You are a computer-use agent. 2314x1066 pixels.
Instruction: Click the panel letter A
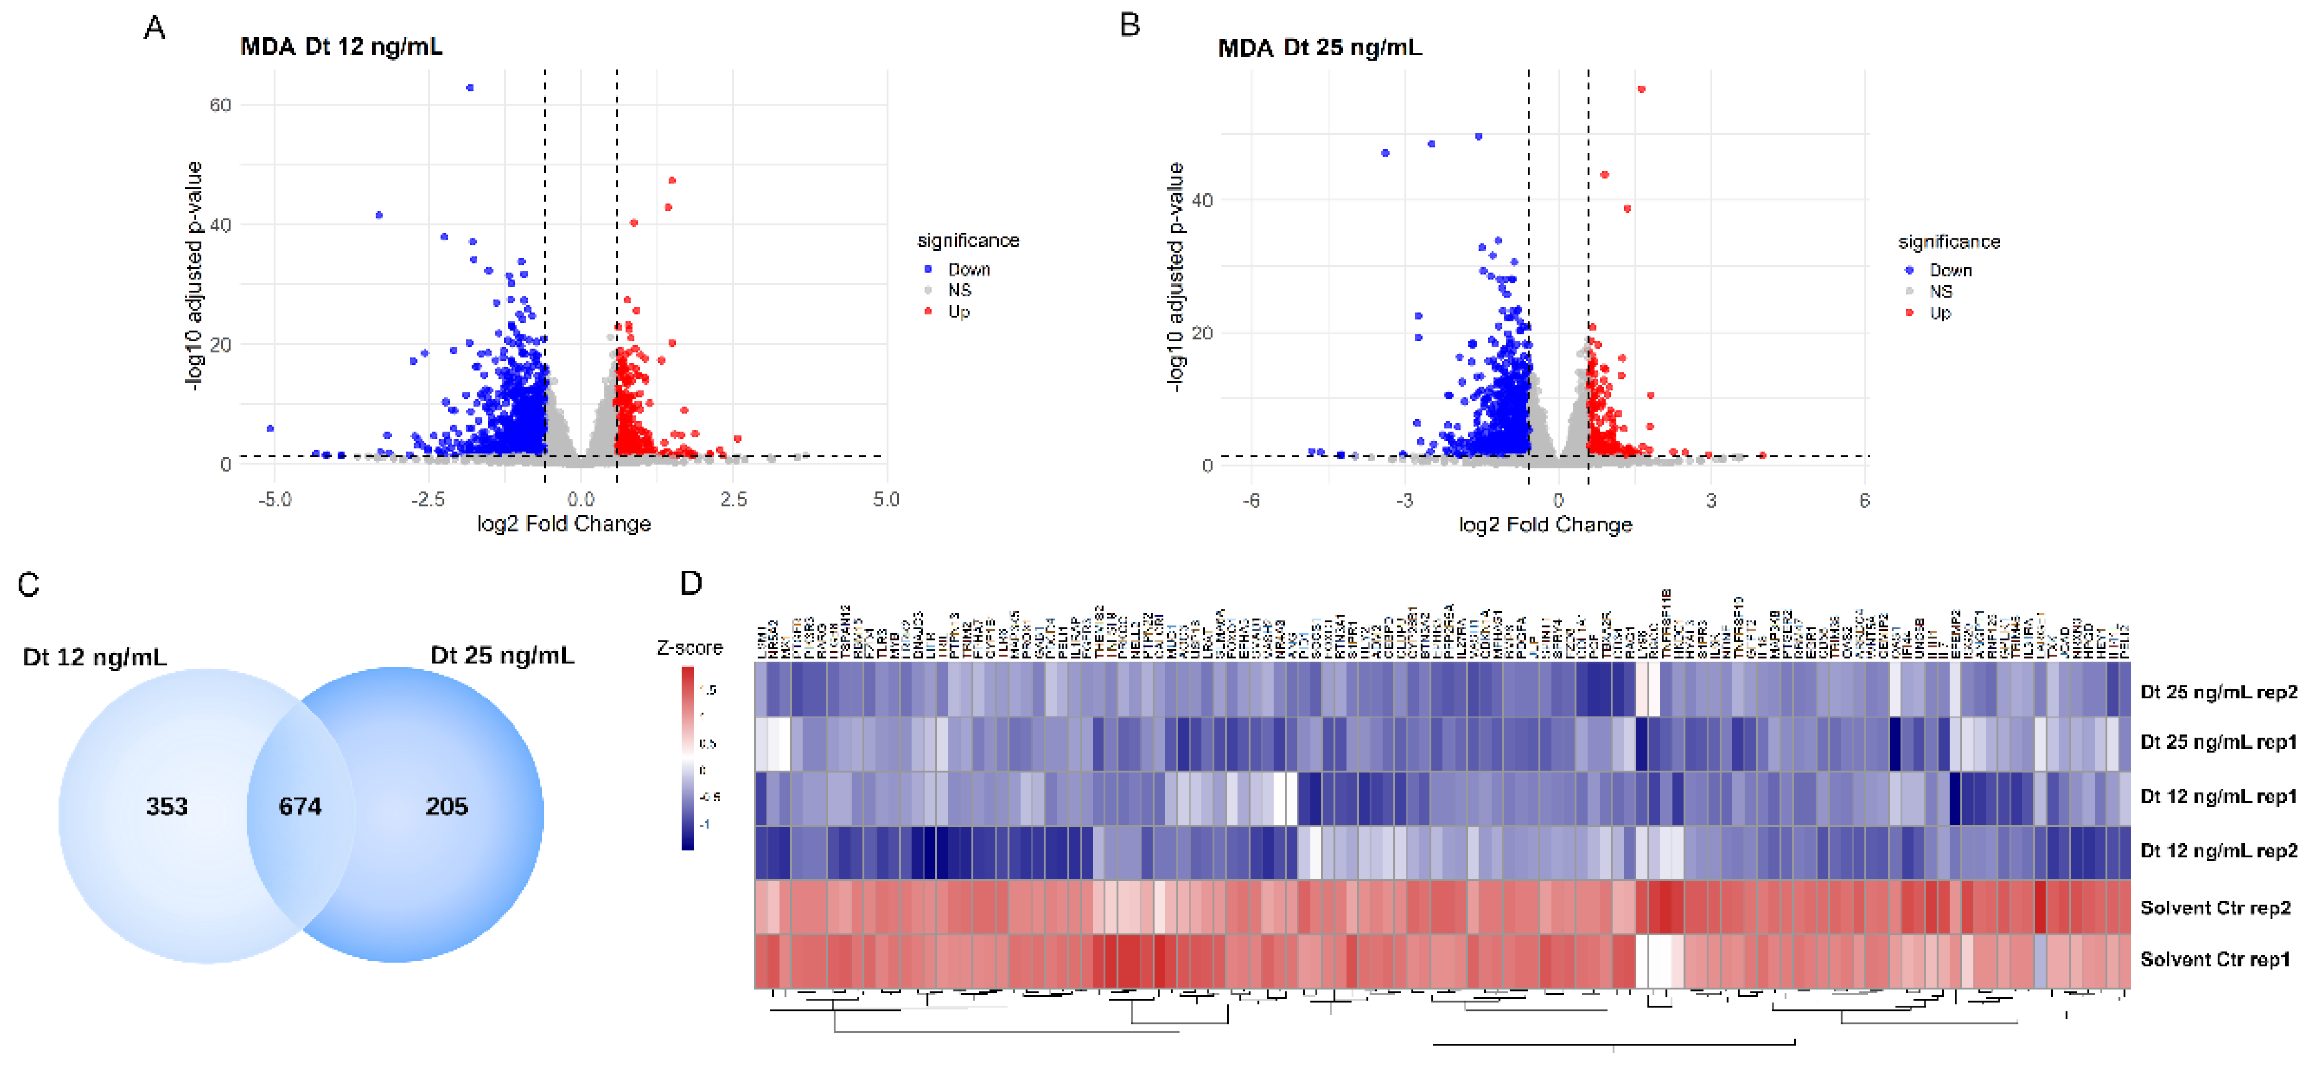coord(155,28)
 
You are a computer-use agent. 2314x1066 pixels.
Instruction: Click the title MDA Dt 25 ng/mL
coord(1319,47)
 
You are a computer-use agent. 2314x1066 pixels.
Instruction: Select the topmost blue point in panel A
coord(470,88)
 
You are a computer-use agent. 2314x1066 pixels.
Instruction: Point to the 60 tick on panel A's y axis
coord(220,105)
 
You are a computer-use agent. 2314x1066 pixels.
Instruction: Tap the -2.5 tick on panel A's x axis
coord(428,499)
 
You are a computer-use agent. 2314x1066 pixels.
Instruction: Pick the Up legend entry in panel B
coord(1939,313)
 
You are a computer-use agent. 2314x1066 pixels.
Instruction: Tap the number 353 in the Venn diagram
coord(167,807)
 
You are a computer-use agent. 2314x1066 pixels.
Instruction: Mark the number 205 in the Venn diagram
coord(446,807)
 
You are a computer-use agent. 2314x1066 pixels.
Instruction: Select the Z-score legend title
coord(689,647)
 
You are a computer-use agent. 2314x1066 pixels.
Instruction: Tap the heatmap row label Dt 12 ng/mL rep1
coord(2218,797)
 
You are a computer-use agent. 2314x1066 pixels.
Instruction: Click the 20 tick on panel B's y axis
coord(1202,333)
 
